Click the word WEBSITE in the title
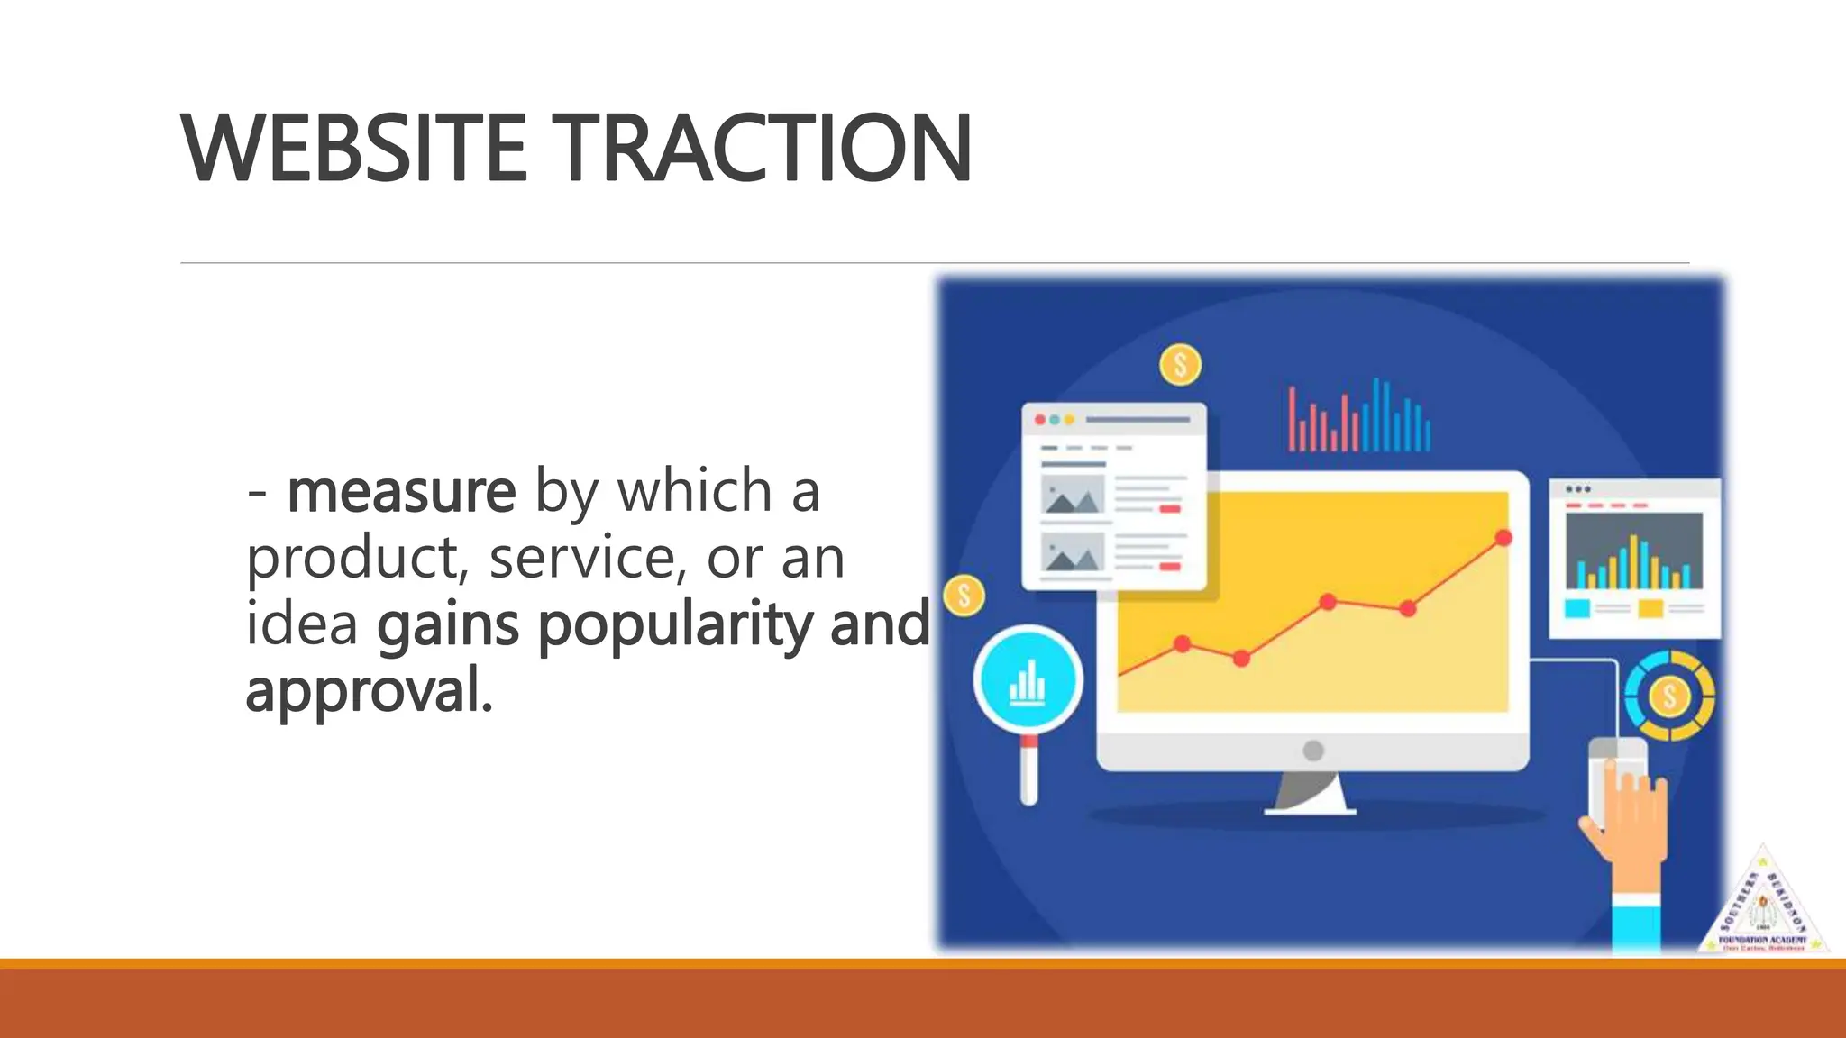click(353, 150)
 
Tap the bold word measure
click(402, 492)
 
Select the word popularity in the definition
click(675, 624)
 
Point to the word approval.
click(369, 691)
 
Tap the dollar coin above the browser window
click(1180, 365)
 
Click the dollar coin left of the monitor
click(964, 596)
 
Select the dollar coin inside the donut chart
click(1669, 696)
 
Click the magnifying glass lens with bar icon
click(1028, 681)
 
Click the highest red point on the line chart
click(1503, 538)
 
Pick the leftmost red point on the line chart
click(1183, 643)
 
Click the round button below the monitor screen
click(1313, 750)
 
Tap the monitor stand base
click(1310, 808)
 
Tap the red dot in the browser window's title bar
click(1040, 420)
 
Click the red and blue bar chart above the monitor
click(1359, 417)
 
